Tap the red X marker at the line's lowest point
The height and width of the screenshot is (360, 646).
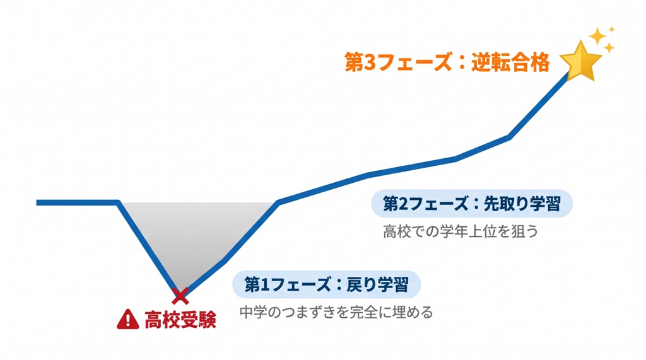(180, 294)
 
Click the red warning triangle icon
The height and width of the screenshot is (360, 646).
(127, 320)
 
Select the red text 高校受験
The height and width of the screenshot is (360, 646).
(180, 320)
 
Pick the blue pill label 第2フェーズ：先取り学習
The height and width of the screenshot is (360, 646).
(473, 204)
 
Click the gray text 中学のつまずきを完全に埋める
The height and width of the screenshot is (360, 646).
(336, 312)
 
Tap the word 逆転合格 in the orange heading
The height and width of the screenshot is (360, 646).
(510, 62)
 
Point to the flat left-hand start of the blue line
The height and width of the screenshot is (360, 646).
(76, 202)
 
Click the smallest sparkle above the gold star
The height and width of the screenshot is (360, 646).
(611, 29)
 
